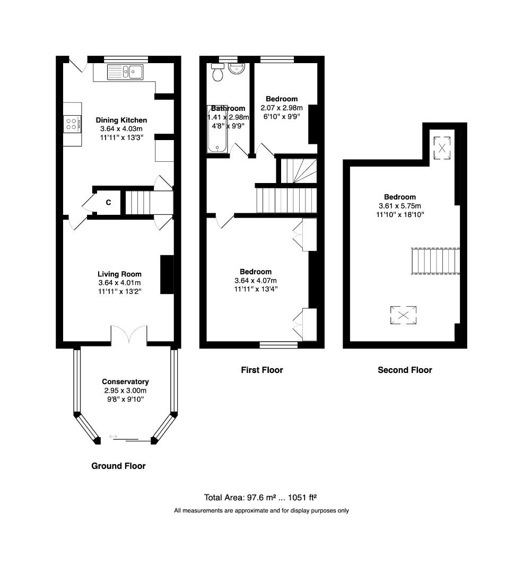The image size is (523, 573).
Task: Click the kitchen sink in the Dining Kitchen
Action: [x=125, y=71]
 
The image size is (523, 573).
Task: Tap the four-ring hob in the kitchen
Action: [x=72, y=124]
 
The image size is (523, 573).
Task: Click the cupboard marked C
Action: [x=108, y=202]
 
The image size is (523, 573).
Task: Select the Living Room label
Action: [x=119, y=274]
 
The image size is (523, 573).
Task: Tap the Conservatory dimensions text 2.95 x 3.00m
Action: [x=125, y=390]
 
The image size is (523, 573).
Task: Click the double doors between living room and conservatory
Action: [x=129, y=334]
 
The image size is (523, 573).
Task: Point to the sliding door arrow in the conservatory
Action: [x=113, y=437]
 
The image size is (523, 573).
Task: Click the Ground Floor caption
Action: [x=118, y=466]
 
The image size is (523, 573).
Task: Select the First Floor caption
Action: [x=262, y=370]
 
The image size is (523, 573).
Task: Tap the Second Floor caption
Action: [x=405, y=370]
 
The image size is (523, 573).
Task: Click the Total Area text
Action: [x=260, y=498]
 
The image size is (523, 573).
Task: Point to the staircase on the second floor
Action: [x=434, y=261]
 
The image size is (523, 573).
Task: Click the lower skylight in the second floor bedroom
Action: [x=404, y=316]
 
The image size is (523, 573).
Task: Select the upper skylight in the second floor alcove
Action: [x=441, y=147]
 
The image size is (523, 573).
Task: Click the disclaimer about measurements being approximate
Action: [x=261, y=511]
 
